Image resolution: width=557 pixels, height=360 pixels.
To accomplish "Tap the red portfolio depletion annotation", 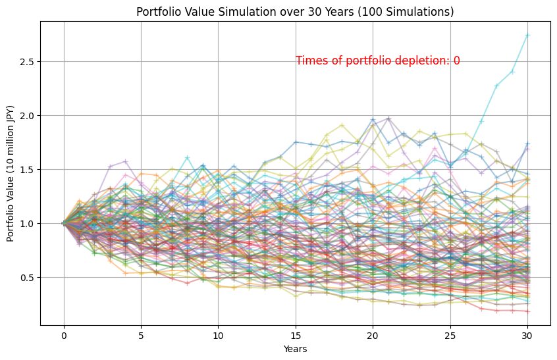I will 377,61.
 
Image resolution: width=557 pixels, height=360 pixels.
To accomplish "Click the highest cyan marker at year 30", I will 527,35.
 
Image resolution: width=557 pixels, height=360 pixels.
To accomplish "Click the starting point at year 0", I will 63,223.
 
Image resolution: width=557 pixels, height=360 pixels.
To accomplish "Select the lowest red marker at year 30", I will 527,311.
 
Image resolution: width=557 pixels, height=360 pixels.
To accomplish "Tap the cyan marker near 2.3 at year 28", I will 496,86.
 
